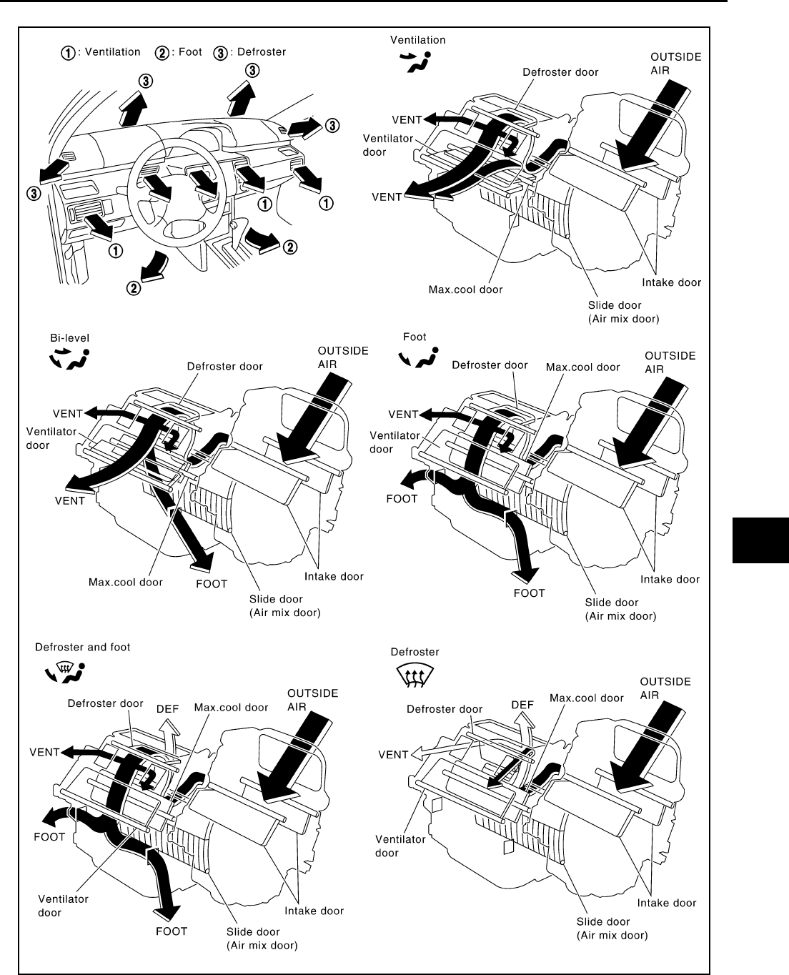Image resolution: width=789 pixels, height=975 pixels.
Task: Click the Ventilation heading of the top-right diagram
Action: point(419,40)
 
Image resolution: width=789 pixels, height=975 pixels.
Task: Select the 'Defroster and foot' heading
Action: point(83,647)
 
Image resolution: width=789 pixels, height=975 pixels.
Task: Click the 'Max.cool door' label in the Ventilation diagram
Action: point(465,289)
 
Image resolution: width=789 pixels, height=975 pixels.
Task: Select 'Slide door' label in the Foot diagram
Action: point(612,602)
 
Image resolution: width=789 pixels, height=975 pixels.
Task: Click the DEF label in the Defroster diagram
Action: point(522,704)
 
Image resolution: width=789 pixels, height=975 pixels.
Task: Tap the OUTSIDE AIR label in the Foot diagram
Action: point(670,362)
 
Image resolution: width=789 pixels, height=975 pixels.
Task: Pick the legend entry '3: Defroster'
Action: point(250,52)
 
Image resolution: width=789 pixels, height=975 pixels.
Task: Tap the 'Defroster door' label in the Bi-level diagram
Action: point(224,367)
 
